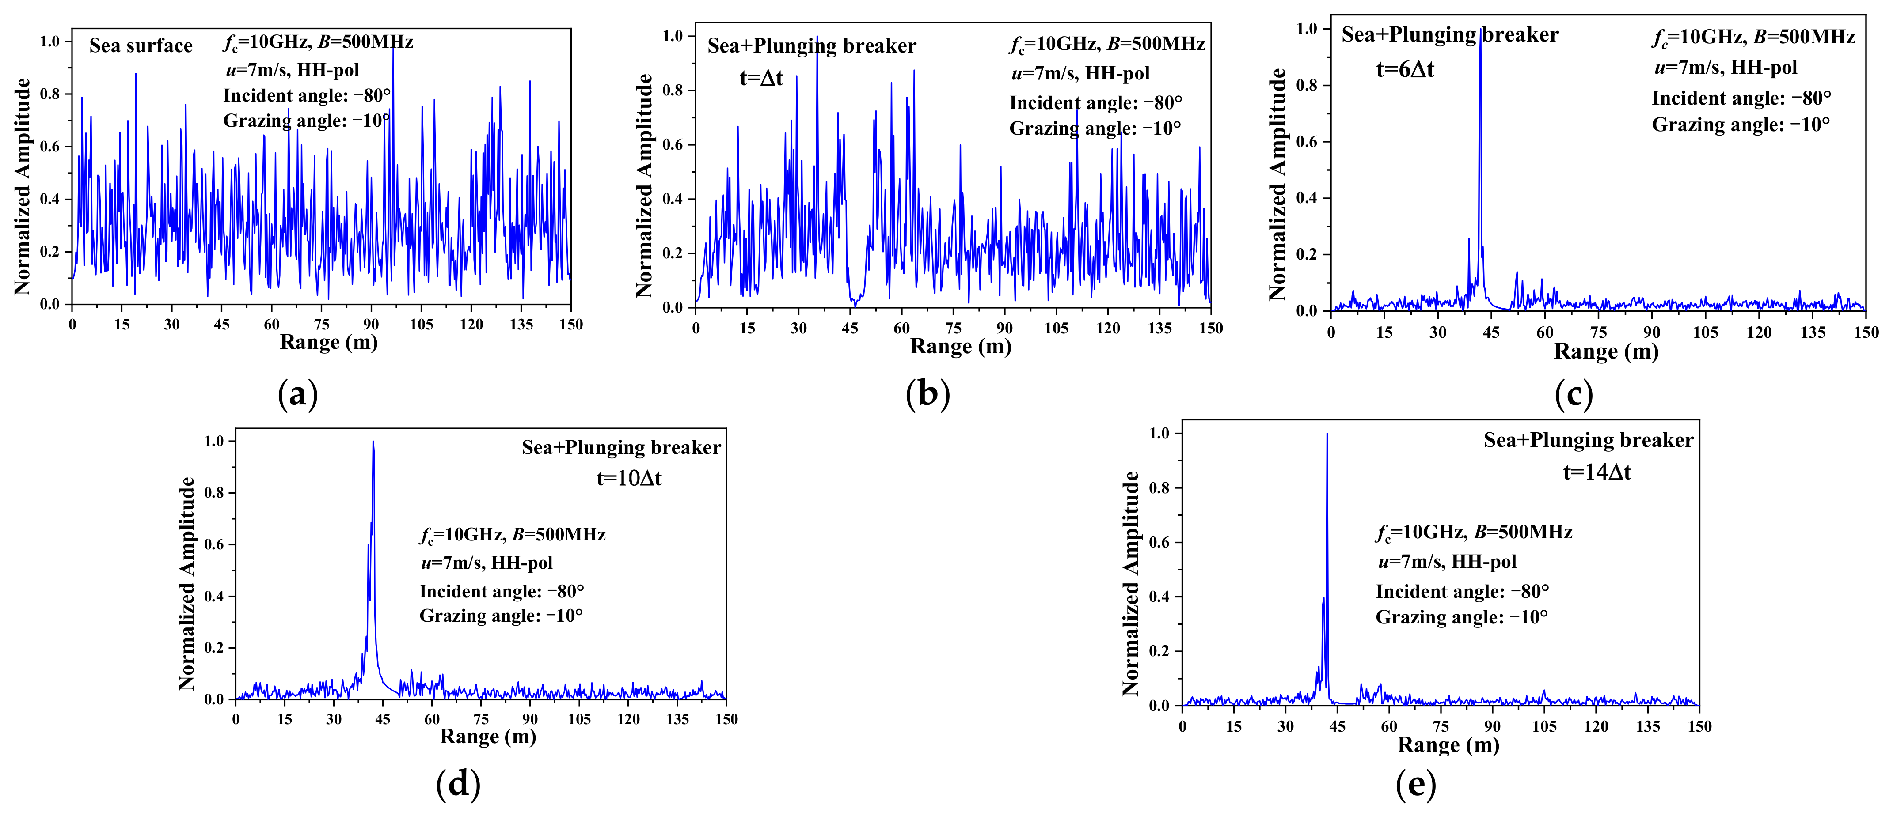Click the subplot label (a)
pyautogui.click(x=298, y=394)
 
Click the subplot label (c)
pyautogui.click(x=1574, y=394)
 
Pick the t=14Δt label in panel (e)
pyautogui.click(x=1596, y=472)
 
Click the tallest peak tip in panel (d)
pyautogui.click(x=373, y=442)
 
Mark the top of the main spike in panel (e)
pyautogui.click(x=1327, y=434)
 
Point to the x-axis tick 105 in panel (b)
pyautogui.click(x=1056, y=329)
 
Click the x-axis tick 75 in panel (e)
pyautogui.click(x=1441, y=726)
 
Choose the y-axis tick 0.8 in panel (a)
pyautogui.click(x=50, y=94)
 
